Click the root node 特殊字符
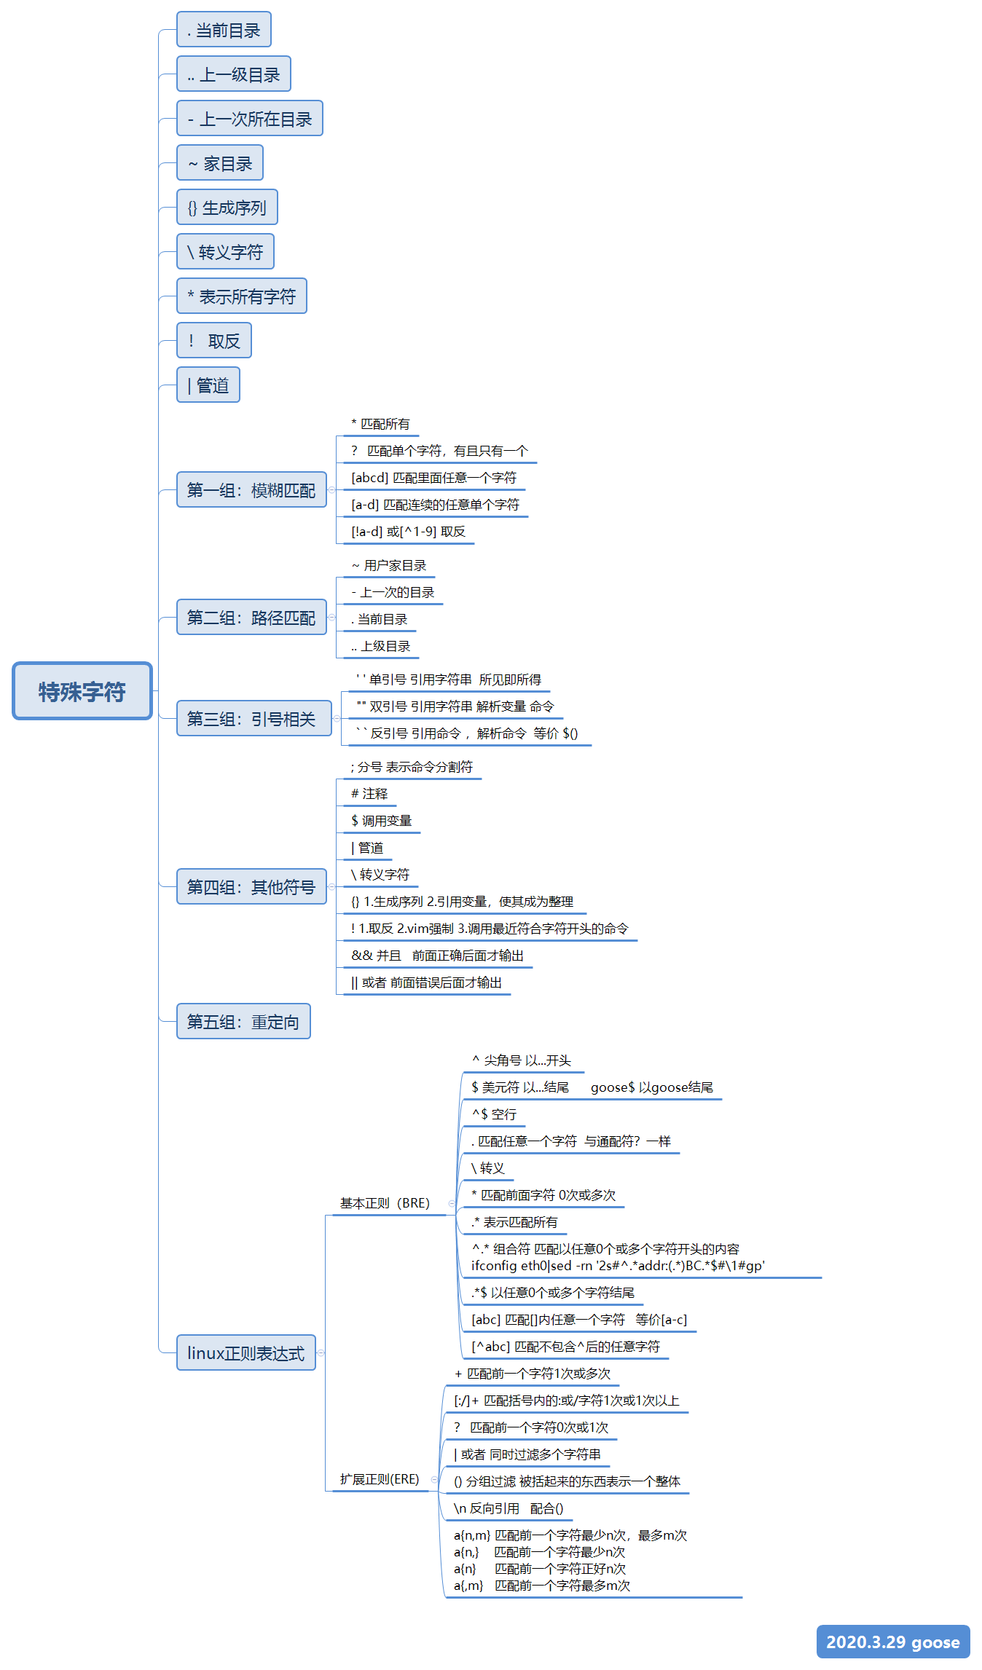coord(82,691)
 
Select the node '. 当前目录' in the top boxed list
coord(224,30)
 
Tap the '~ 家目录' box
coord(220,163)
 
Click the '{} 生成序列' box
coord(227,208)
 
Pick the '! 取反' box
coord(214,341)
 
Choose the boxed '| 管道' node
coord(208,385)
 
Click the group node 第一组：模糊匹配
coord(251,490)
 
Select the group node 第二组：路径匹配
coord(251,618)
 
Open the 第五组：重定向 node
coord(243,1022)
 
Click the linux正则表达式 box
coord(246,1353)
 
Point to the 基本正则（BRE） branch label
coord(385,1203)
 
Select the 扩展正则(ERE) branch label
coord(380,1479)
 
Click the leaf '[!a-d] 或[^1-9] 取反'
coord(408,532)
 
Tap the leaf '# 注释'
coord(369,794)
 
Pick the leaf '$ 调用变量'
coord(381,821)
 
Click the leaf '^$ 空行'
coord(494,1114)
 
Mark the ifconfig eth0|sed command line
coord(618,1266)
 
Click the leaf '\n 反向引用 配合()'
coord(508,1508)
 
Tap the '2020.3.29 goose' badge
coord(892,1642)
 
